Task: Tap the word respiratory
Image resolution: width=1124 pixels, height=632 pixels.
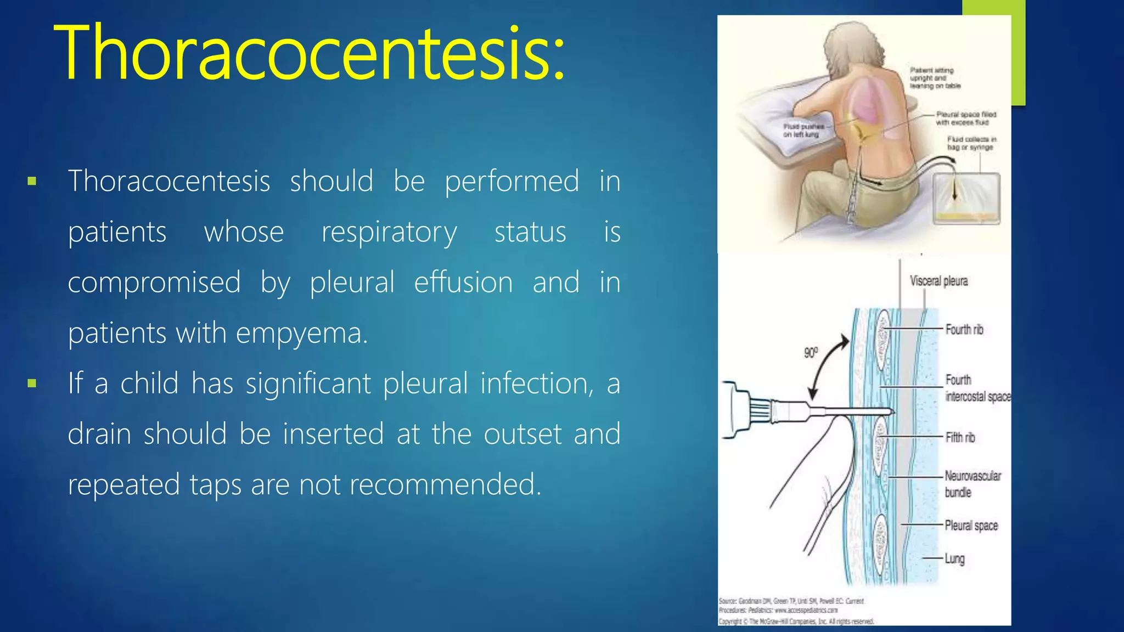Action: point(389,233)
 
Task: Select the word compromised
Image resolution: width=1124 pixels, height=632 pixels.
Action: point(154,283)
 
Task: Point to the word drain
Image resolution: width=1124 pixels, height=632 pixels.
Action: point(99,434)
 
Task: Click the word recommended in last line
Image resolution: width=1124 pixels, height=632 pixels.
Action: point(445,484)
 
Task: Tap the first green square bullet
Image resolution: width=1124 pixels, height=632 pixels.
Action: point(32,182)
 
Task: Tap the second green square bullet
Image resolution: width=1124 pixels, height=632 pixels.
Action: point(32,383)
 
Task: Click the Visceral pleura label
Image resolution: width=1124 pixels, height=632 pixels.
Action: point(938,281)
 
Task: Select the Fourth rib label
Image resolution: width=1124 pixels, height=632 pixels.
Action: point(964,329)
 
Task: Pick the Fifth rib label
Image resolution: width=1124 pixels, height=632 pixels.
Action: point(960,437)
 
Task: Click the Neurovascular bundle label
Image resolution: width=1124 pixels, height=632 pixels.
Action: point(972,483)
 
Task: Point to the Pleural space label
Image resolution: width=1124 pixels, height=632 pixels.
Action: point(970,526)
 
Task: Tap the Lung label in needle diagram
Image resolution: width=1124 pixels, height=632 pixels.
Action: point(954,558)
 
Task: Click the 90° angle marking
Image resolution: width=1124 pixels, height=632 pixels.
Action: point(811,352)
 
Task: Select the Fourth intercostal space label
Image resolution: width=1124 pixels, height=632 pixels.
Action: point(976,388)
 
